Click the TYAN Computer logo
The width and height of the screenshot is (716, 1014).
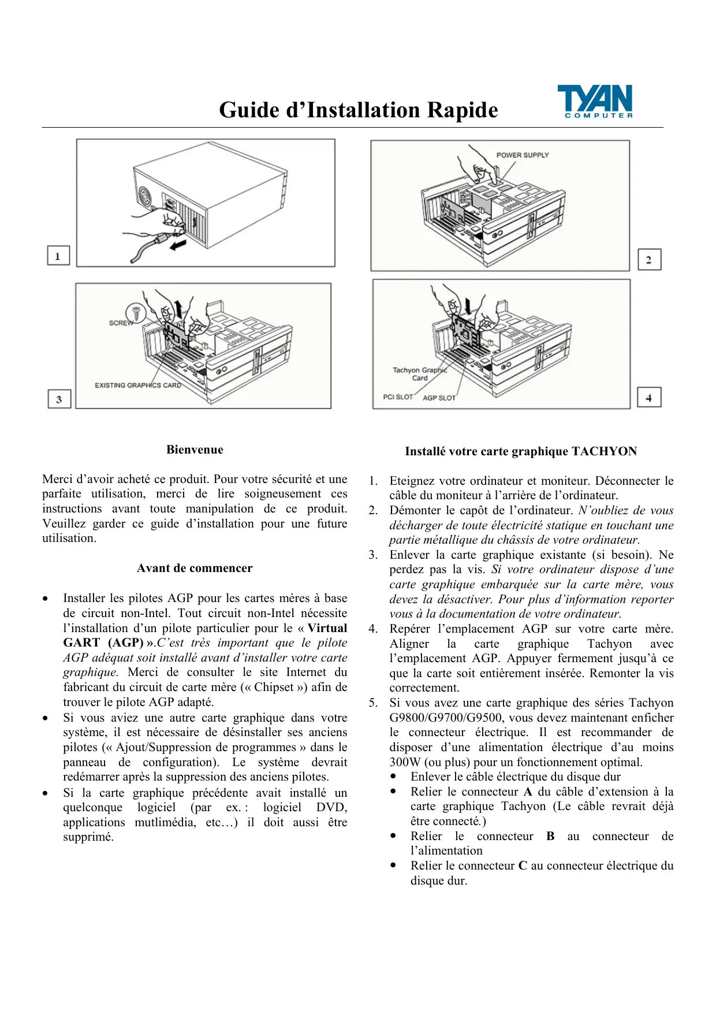[x=595, y=102]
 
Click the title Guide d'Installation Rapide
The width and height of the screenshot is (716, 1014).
[x=358, y=110]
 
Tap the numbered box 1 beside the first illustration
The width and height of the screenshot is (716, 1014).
[x=58, y=255]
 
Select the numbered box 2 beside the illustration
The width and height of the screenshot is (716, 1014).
[x=649, y=259]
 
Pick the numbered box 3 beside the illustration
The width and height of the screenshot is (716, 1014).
[x=59, y=399]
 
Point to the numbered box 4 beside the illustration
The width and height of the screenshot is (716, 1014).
[x=649, y=398]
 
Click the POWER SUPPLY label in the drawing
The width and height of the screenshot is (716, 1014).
[x=522, y=155]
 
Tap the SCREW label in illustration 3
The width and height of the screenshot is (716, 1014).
[x=120, y=323]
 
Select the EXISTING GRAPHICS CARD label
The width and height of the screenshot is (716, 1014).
[x=137, y=385]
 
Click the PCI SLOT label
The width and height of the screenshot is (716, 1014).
[x=398, y=397]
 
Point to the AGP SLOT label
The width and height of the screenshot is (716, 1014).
[x=439, y=398]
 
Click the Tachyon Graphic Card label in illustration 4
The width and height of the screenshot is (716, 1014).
[x=420, y=374]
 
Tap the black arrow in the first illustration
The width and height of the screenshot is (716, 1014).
[x=178, y=246]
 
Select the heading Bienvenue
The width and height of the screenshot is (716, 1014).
[x=195, y=450]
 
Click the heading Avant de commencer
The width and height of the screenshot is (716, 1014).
[x=195, y=568]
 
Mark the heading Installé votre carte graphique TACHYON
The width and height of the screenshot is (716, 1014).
[x=520, y=451]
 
